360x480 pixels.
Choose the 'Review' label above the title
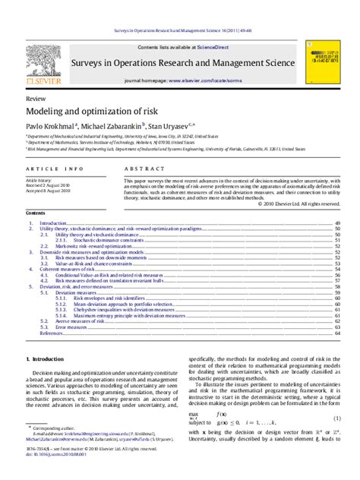point(34,99)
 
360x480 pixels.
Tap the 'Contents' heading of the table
point(36,213)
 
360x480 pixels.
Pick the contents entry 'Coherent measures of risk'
point(68,270)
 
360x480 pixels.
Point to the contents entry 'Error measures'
point(71,327)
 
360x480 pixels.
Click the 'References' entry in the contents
point(52,333)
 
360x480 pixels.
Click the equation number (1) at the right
point(336,418)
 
